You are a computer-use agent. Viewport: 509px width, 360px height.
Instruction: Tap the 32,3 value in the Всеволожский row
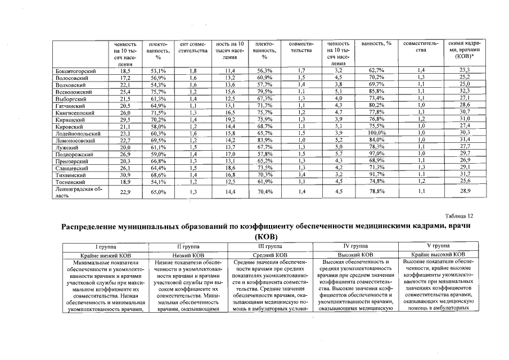[x=465, y=91]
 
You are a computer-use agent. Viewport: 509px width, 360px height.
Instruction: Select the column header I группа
[x=106, y=246]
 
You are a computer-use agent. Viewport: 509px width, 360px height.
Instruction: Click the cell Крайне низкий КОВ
[x=106, y=255]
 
